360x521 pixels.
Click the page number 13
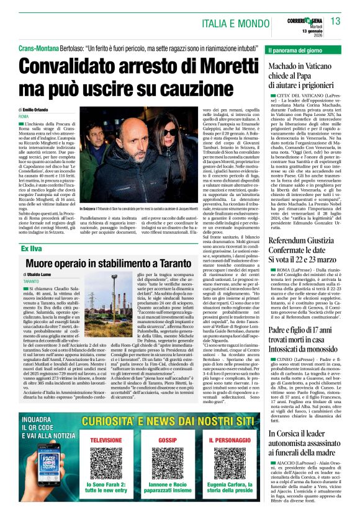[335, 21]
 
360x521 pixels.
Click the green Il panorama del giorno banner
[304, 49]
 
